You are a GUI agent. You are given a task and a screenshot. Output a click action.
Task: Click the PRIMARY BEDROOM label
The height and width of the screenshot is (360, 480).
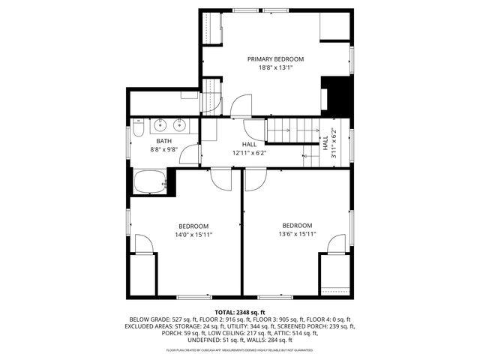(275, 58)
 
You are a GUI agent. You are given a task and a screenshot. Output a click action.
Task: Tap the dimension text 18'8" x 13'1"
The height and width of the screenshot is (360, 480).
(275, 67)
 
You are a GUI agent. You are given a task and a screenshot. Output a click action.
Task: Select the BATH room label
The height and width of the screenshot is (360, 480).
(164, 141)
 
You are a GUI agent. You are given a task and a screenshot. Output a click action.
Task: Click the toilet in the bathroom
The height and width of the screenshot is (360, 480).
(139, 133)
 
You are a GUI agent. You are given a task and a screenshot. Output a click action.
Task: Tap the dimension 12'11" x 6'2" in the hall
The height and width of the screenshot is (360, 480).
(249, 153)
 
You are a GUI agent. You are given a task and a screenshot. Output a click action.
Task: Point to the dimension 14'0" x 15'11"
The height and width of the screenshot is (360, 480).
(193, 235)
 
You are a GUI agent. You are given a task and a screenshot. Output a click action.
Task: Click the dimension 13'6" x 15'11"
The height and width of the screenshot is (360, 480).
(297, 234)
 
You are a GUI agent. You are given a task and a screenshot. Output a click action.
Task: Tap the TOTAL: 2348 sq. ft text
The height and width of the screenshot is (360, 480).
(240, 312)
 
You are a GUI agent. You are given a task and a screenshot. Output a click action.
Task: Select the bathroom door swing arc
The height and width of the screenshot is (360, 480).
(191, 155)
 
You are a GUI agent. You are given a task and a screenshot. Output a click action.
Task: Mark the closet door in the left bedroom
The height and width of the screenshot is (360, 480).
(148, 244)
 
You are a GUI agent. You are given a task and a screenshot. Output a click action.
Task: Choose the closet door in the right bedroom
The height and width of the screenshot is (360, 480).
(337, 244)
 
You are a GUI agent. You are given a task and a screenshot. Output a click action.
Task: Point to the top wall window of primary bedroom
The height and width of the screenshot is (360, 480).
(243, 10)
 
